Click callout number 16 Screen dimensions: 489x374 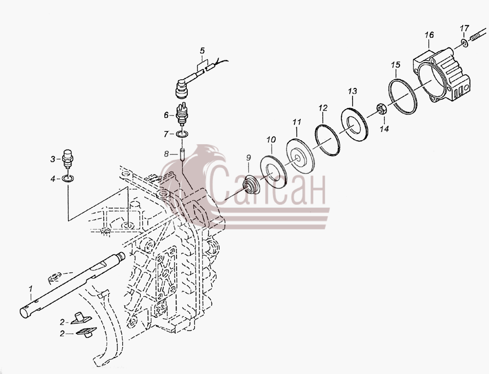429,35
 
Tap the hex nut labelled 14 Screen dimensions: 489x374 382,109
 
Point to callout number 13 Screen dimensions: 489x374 353,91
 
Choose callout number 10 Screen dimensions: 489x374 271,139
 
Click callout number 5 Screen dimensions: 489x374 202,50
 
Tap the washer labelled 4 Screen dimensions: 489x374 68,178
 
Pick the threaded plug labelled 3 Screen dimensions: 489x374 67,158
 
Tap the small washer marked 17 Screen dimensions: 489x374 465,43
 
